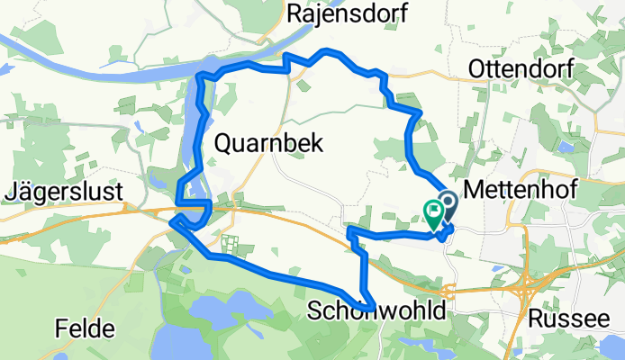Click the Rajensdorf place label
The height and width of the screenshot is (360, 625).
tap(347, 13)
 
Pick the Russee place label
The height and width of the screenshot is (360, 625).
tap(565, 316)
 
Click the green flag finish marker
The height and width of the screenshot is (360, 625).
tap(433, 213)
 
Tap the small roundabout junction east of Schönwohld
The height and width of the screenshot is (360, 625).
tap(448, 290)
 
